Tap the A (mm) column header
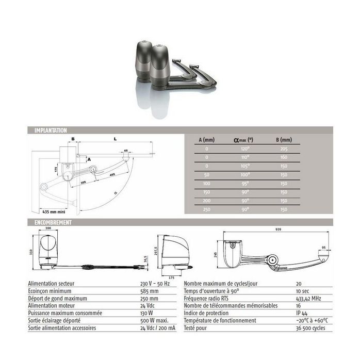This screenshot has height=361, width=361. [x=207, y=139]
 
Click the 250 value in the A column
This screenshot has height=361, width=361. [x=206, y=209]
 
